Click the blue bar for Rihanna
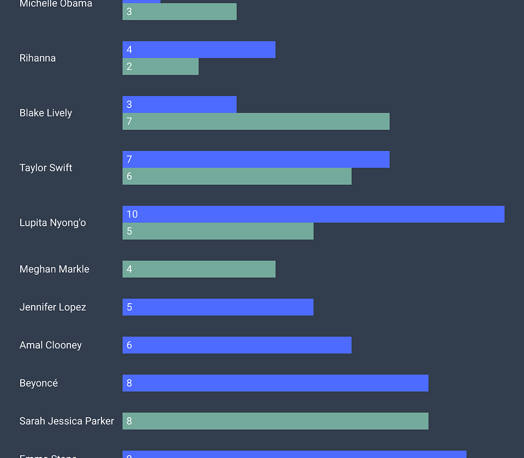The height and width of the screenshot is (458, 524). (199, 50)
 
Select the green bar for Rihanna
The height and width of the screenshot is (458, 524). (160, 67)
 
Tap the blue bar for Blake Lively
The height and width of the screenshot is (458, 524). (180, 105)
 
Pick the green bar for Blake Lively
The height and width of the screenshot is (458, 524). (256, 122)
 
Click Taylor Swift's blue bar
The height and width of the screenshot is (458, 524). (256, 160)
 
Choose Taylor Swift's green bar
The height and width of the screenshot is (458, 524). (237, 177)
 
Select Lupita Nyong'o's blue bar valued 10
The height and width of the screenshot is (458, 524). (313, 214)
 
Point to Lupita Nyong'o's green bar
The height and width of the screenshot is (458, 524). (218, 231)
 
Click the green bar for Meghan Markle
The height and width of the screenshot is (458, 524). (199, 269)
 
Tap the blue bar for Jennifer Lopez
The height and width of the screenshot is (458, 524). (218, 307)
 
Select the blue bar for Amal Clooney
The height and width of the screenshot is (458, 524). (237, 345)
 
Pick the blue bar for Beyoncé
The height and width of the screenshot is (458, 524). (275, 383)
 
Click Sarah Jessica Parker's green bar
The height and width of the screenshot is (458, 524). (275, 421)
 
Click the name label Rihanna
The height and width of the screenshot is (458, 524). (38, 58)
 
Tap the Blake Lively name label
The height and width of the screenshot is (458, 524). (46, 113)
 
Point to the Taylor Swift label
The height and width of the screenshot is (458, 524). (46, 168)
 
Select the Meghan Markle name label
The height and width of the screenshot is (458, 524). (55, 269)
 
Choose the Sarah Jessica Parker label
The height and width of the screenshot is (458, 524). (67, 421)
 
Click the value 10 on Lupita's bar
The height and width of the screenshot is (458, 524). (132, 214)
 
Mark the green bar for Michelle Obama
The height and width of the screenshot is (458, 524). (180, 12)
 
